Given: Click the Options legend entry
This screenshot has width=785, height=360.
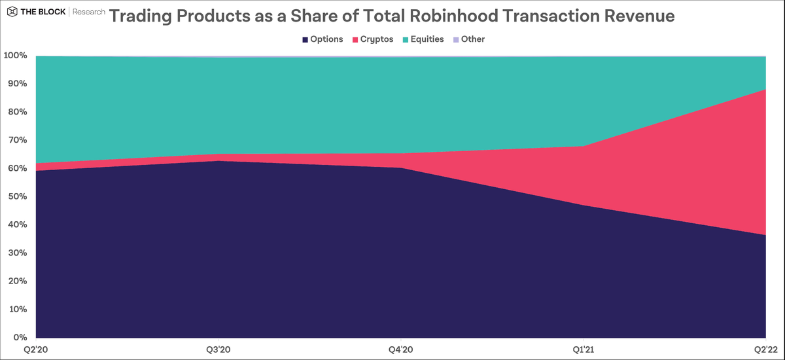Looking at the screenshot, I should (x=323, y=39).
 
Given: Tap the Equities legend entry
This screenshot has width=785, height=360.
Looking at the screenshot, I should (x=423, y=39).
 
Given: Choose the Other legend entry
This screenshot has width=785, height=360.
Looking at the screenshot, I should (x=468, y=39).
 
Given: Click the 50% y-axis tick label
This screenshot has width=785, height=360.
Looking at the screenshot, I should (x=16, y=197).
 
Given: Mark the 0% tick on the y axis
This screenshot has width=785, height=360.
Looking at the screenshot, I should (x=20, y=338).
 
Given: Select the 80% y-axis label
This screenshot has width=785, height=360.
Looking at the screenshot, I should (x=16, y=113).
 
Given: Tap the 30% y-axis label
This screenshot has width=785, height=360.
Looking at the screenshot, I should (x=16, y=253).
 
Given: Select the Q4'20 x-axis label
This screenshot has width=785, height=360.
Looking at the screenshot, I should (x=400, y=350).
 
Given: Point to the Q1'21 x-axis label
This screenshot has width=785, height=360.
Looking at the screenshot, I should (x=582, y=350).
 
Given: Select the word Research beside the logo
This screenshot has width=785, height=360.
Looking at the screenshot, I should (x=87, y=12).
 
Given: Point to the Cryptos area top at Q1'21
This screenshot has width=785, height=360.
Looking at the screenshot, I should (x=582, y=146).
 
